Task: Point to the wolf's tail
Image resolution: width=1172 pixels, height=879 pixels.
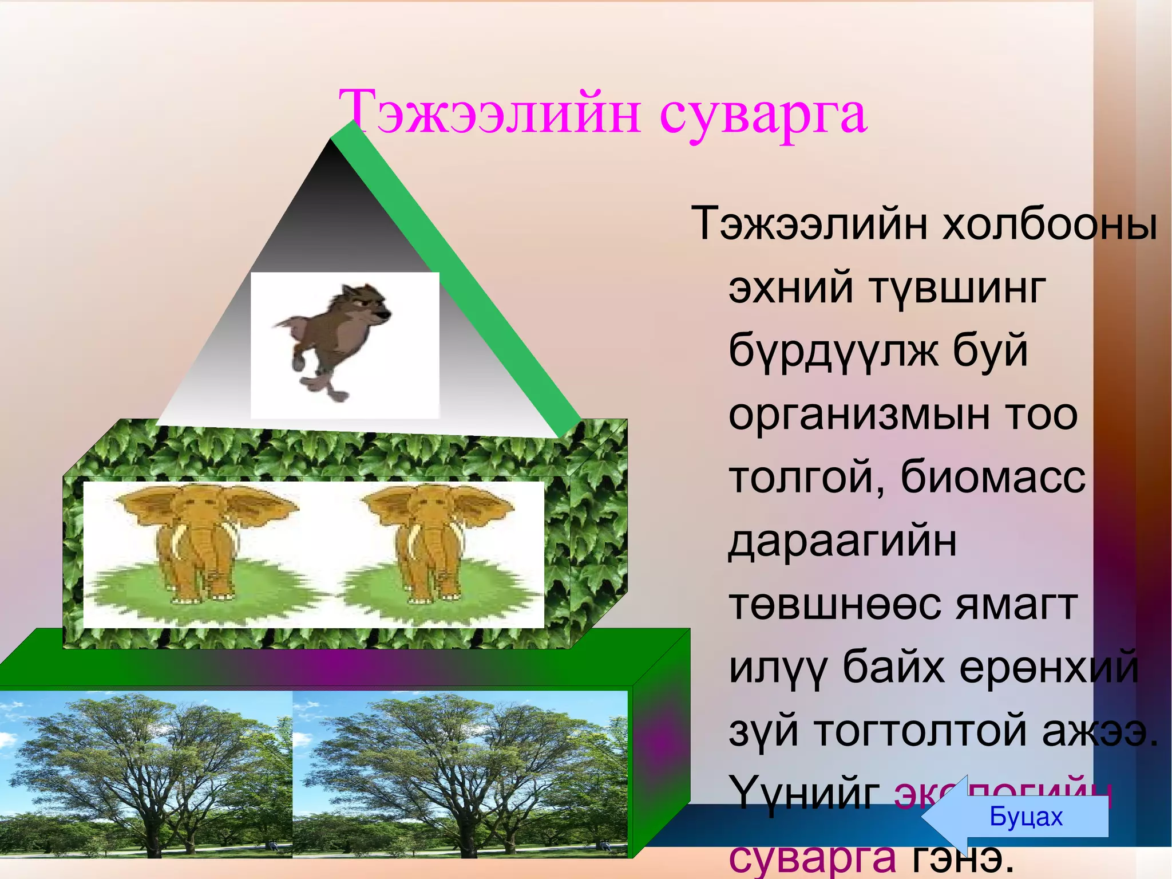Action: (286, 326)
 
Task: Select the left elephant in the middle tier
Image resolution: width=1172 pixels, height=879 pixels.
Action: (197, 544)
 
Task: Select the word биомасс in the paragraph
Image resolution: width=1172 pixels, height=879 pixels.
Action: (993, 477)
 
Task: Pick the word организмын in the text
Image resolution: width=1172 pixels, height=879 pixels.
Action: (858, 415)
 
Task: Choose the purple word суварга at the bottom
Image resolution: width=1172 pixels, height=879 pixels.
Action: (813, 859)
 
